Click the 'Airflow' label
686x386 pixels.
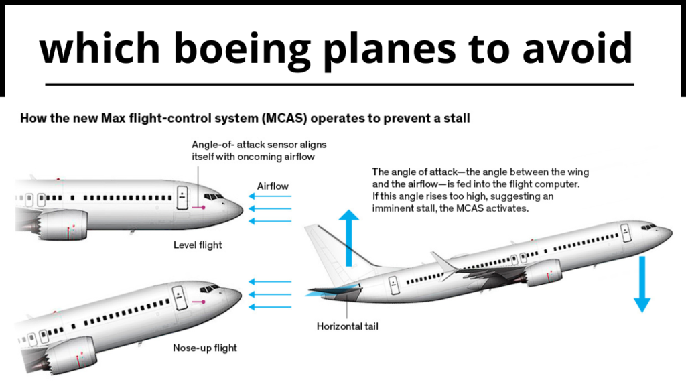[x=273, y=186]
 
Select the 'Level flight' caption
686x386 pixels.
[x=198, y=245]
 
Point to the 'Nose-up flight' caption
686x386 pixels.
[x=205, y=348]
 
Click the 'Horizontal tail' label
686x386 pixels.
[x=348, y=327]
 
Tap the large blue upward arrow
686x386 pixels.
[x=348, y=237]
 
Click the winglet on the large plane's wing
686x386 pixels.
[x=442, y=261]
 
